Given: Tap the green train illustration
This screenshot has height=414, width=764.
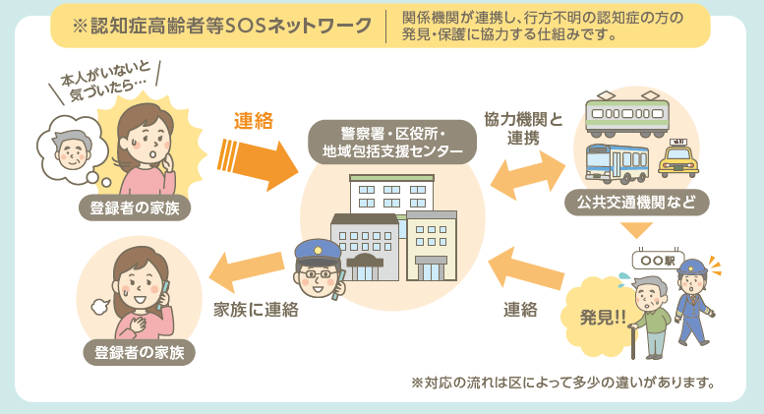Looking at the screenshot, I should coord(627,114).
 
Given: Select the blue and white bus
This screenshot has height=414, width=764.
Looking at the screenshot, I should coord(616,163).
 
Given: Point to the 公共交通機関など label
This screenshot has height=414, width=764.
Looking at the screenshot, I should coord(636,204).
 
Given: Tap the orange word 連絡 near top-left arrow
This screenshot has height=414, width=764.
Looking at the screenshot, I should coord(253,122).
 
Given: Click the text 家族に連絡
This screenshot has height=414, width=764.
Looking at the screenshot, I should coord(256,309).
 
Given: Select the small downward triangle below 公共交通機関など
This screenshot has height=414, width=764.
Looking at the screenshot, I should coord(636,230).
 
